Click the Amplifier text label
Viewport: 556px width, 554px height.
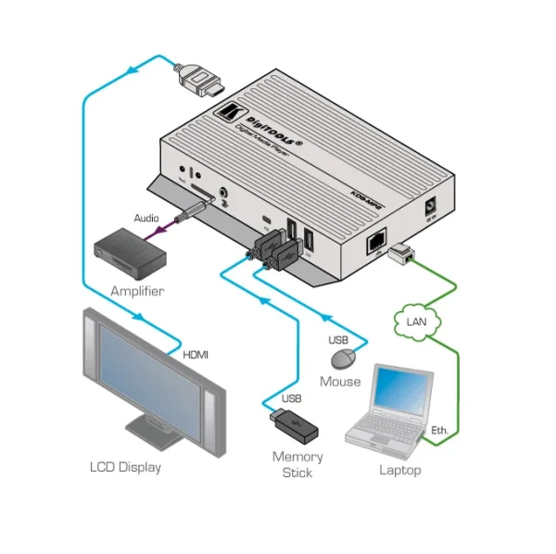pyautogui.click(x=137, y=291)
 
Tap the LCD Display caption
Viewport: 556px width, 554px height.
pyautogui.click(x=125, y=467)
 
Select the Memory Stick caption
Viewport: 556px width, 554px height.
pyautogui.click(x=297, y=464)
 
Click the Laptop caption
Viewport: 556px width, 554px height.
pyautogui.click(x=400, y=470)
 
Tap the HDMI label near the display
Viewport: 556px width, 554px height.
pyautogui.click(x=196, y=354)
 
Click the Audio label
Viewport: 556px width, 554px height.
pyautogui.click(x=146, y=219)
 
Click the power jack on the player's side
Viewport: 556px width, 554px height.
pyautogui.click(x=429, y=206)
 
